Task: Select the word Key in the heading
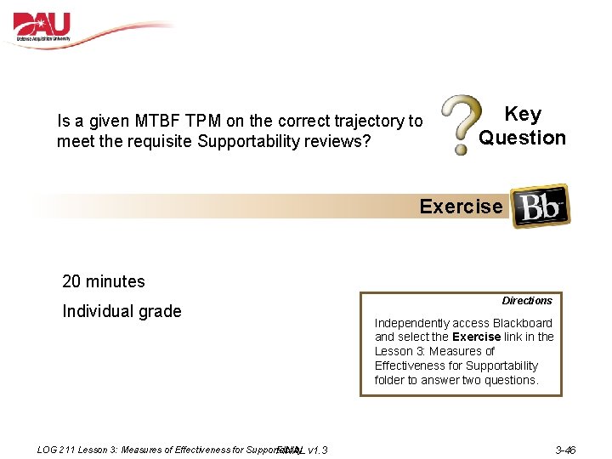pos(523,114)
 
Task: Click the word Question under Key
pos(522,138)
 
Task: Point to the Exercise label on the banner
pos(461,207)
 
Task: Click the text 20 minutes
pos(104,281)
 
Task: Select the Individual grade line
pos(122,311)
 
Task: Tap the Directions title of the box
pos(527,301)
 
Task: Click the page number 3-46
pos(565,450)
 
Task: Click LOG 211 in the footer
pos(57,450)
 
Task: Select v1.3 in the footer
pos(319,450)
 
